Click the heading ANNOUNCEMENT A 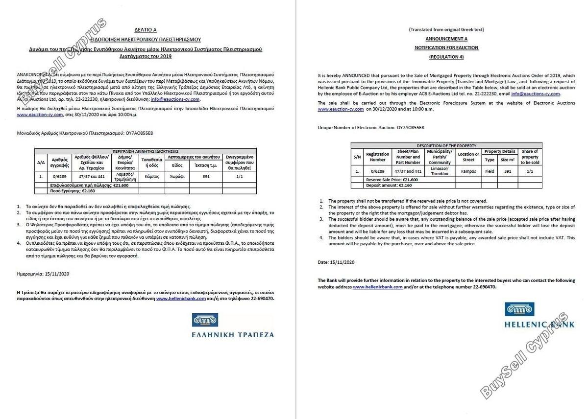(x=446, y=38)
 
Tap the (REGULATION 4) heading (x=446, y=57)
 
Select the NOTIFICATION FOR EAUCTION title (x=446, y=47)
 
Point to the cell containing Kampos (x=468, y=171)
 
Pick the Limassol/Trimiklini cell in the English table (x=439, y=171)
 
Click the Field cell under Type (x=489, y=171)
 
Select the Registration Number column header (x=377, y=157)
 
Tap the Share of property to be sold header (x=530, y=157)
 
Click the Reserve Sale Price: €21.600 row (x=392, y=180)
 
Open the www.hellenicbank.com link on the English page (x=377, y=287)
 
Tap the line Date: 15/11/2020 (x=336, y=262)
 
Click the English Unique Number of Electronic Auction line (x=371, y=127)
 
